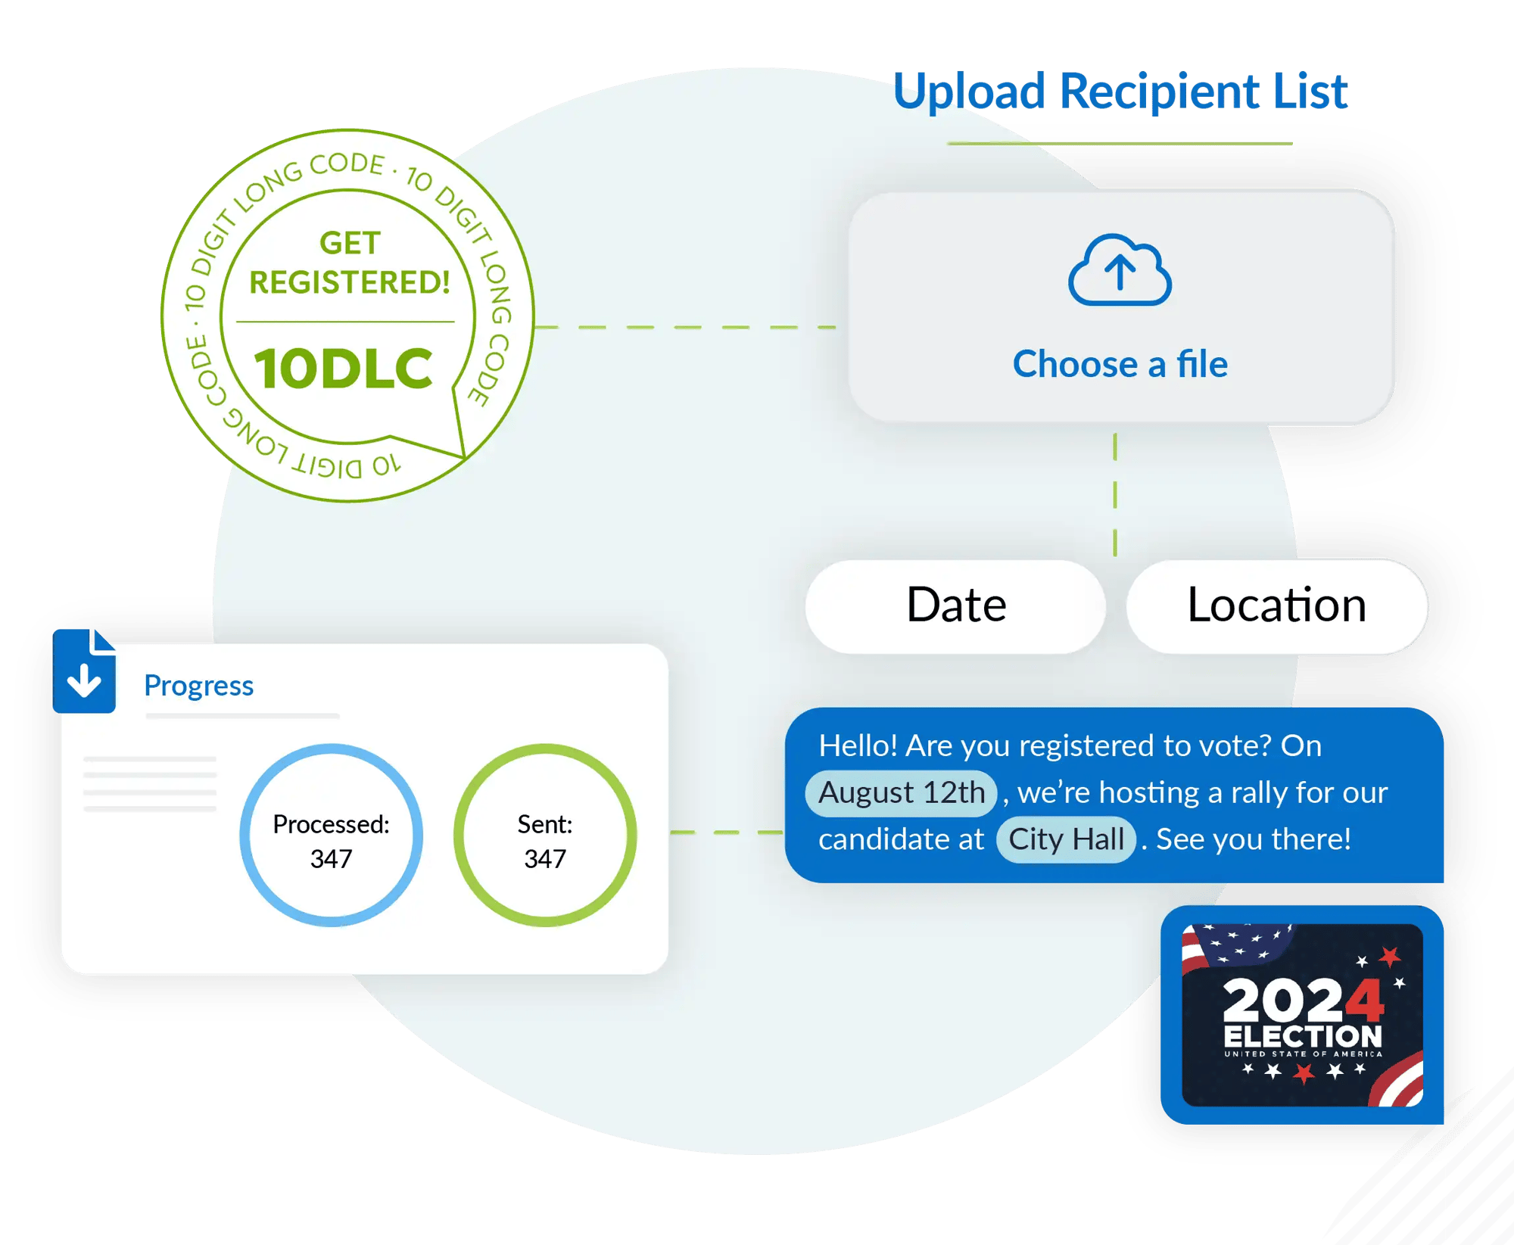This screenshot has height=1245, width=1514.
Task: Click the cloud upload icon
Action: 1120,271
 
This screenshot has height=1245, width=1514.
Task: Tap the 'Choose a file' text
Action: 1120,364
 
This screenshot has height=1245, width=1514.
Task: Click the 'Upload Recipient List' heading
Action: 1120,92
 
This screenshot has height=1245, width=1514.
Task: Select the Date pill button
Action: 955,605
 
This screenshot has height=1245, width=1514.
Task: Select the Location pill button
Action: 1276,605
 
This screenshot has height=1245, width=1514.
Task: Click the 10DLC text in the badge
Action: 343,369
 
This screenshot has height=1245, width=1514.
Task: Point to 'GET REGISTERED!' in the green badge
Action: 349,263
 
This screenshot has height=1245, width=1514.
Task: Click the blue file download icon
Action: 84,671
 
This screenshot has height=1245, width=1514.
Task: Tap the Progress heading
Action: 198,685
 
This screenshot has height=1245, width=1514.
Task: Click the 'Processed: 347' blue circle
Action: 331,836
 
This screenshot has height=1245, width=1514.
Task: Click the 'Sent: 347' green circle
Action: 545,836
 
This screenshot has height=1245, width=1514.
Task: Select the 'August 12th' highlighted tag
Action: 901,792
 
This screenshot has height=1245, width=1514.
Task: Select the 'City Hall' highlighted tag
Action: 1066,839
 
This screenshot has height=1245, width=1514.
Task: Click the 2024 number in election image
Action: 1302,1001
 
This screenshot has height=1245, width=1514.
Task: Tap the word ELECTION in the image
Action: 1302,1036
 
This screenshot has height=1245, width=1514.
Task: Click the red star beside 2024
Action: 1390,957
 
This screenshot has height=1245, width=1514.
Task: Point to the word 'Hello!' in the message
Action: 858,746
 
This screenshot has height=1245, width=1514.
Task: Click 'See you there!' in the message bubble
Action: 1253,839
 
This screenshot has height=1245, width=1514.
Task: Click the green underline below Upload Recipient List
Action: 1120,143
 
